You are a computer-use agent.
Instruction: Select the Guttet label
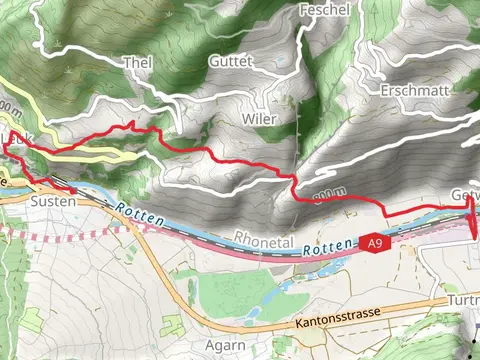[x=230, y=61]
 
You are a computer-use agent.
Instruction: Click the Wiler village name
[x=259, y=118]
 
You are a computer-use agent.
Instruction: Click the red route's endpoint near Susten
[x=72, y=187]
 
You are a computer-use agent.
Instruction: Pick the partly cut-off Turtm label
[x=463, y=300]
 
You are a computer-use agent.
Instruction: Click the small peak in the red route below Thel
[x=130, y=123]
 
